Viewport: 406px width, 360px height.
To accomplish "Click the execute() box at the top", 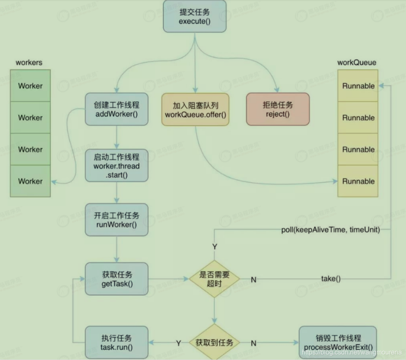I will point(194,17).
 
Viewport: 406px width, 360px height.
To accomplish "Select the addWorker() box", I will point(117,109).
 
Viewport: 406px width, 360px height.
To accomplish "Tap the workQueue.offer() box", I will point(195,109).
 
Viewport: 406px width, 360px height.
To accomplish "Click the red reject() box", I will point(278,109).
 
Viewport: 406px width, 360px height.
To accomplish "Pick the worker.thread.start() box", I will point(117,166).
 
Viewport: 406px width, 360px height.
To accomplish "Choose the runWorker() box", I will point(117,220).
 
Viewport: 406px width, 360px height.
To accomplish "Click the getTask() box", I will point(117,279).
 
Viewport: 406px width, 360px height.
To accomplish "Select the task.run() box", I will point(117,343).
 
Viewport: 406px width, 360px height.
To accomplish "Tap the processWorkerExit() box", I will point(338,343).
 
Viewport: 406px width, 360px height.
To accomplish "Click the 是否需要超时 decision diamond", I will point(214,279).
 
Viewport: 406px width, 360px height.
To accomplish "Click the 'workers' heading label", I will point(29,63).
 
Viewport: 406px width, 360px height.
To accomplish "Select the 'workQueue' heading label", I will point(357,63).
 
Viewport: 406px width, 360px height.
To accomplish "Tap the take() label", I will point(331,279).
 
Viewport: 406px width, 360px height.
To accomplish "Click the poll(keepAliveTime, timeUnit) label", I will point(330,230).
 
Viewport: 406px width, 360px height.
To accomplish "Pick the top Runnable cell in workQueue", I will point(358,86).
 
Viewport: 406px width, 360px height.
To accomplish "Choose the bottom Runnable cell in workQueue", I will point(358,181).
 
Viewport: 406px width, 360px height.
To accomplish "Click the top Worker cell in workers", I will point(30,86).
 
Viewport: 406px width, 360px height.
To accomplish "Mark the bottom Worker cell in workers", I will point(30,181).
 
